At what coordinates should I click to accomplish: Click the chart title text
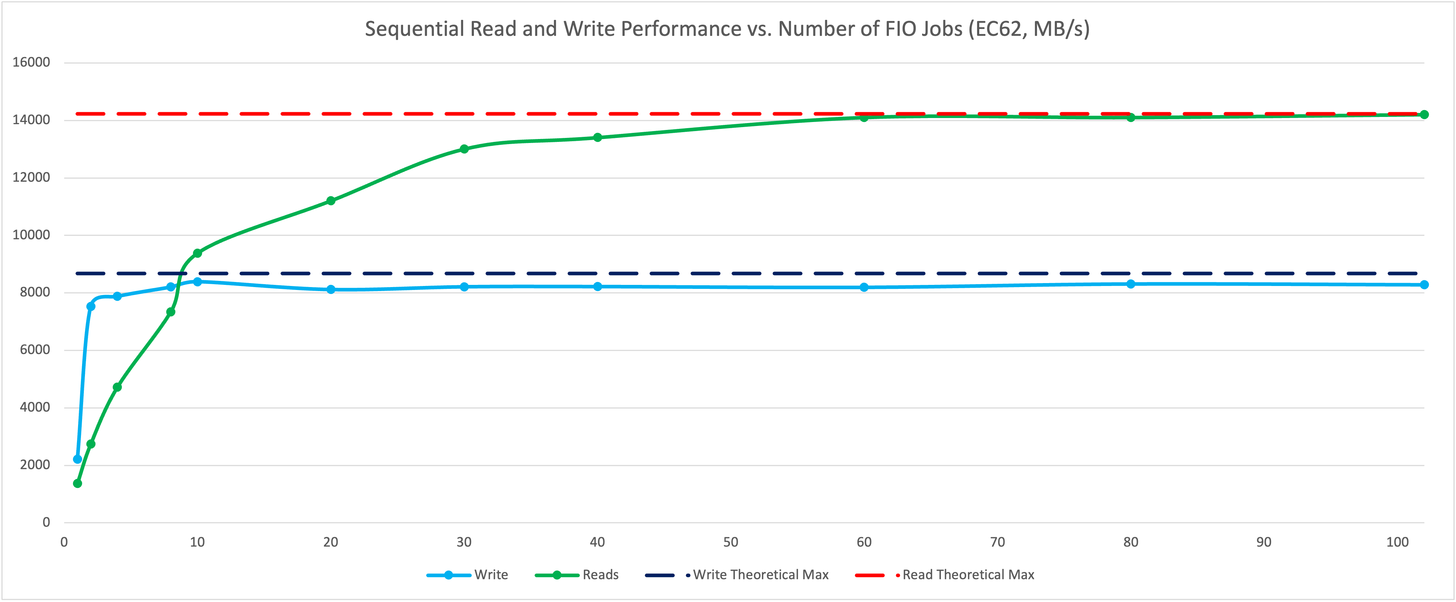click(x=727, y=28)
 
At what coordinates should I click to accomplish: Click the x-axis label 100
click(x=1397, y=542)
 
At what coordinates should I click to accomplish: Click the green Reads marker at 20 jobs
click(x=331, y=201)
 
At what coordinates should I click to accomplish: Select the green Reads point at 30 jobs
click(x=464, y=149)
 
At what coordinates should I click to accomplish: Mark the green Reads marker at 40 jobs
click(x=598, y=138)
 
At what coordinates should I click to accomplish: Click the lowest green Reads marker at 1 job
click(x=77, y=483)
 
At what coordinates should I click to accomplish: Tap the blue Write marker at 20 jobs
click(x=331, y=289)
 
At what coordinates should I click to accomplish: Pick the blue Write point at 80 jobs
click(x=1130, y=283)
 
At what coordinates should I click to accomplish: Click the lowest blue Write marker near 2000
click(x=77, y=459)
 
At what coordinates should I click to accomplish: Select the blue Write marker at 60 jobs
click(x=864, y=287)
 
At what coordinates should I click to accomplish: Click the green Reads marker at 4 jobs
click(x=117, y=387)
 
